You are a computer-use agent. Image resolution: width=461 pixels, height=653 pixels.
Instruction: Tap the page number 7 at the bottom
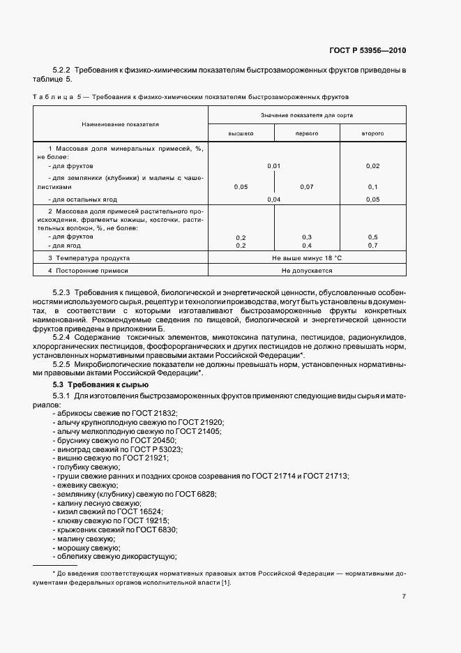click(x=404, y=596)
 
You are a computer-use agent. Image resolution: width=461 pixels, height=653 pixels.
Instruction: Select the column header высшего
click(x=241, y=133)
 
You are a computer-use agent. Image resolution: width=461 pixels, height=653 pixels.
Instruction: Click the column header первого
click(x=306, y=133)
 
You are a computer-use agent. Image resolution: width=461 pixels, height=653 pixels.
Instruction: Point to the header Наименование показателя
click(x=120, y=123)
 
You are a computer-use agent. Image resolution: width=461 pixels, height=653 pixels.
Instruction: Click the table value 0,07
click(x=307, y=187)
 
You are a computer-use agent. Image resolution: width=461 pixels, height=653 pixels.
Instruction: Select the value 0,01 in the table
click(x=273, y=166)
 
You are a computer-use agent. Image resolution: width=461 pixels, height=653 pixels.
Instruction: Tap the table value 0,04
click(x=273, y=200)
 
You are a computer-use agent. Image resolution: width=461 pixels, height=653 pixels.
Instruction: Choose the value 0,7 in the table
click(x=372, y=246)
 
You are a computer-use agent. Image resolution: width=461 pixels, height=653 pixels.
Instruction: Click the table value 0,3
click(x=307, y=238)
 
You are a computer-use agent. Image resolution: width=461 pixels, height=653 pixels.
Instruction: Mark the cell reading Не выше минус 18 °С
click(x=306, y=258)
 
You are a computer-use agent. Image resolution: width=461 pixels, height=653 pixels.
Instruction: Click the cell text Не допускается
click(x=306, y=270)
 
